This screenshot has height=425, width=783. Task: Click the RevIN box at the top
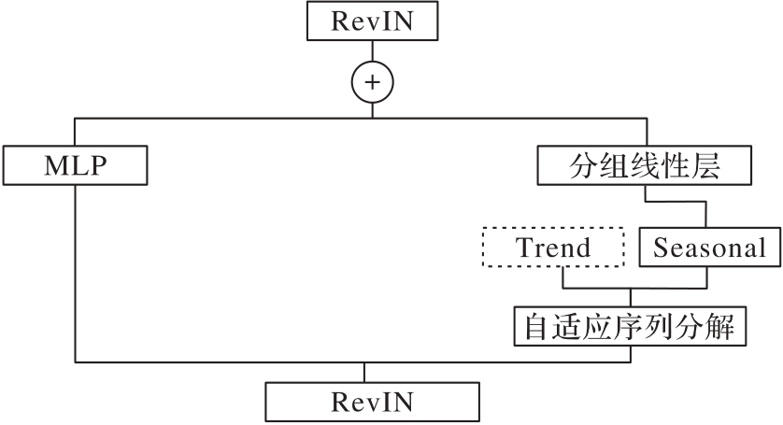click(x=372, y=22)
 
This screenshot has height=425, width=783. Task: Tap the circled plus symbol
click(x=372, y=82)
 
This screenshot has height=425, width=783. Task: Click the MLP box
click(x=75, y=166)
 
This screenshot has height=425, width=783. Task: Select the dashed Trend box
click(x=553, y=248)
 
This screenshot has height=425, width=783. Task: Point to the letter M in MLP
click(x=53, y=166)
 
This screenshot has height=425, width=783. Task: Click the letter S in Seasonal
click(x=660, y=248)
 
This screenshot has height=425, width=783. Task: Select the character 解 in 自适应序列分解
click(x=733, y=326)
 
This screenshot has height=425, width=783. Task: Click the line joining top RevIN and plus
click(x=372, y=52)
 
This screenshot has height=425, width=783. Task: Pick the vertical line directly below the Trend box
click(x=562, y=278)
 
